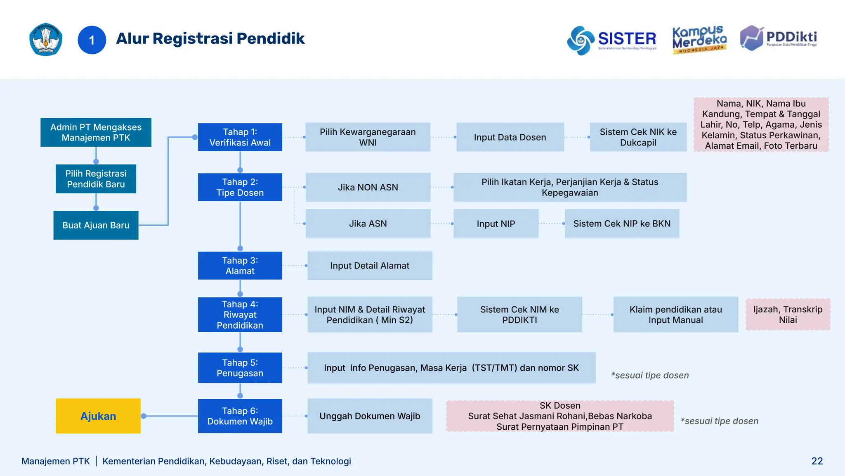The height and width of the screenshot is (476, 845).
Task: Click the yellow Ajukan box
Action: point(98,416)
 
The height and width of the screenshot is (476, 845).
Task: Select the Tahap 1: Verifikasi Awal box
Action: point(240,137)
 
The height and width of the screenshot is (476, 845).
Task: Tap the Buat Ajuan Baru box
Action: point(96,225)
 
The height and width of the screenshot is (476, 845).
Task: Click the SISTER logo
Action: point(611,40)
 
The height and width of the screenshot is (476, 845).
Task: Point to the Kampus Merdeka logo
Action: point(699,40)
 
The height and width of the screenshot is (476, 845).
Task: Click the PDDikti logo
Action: point(778,38)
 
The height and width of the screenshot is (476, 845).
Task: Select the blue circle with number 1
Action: point(92,40)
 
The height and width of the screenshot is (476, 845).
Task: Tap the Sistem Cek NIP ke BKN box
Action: point(622,224)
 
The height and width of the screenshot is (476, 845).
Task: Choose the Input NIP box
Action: point(496,224)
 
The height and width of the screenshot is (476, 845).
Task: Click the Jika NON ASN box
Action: point(368,187)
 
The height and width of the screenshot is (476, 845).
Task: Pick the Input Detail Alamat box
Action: point(370,266)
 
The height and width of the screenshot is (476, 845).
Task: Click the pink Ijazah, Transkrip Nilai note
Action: point(788,314)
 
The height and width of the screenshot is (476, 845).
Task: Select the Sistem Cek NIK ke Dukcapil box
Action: point(638,137)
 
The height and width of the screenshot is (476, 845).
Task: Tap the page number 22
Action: point(817,461)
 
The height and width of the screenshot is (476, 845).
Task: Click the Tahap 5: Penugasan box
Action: point(240,368)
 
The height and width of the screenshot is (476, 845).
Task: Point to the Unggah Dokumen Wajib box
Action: point(370,416)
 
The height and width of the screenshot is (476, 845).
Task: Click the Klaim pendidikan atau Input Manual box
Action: point(675,314)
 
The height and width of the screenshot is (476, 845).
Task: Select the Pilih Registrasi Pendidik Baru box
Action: point(96,179)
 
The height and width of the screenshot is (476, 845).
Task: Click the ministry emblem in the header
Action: point(46,40)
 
